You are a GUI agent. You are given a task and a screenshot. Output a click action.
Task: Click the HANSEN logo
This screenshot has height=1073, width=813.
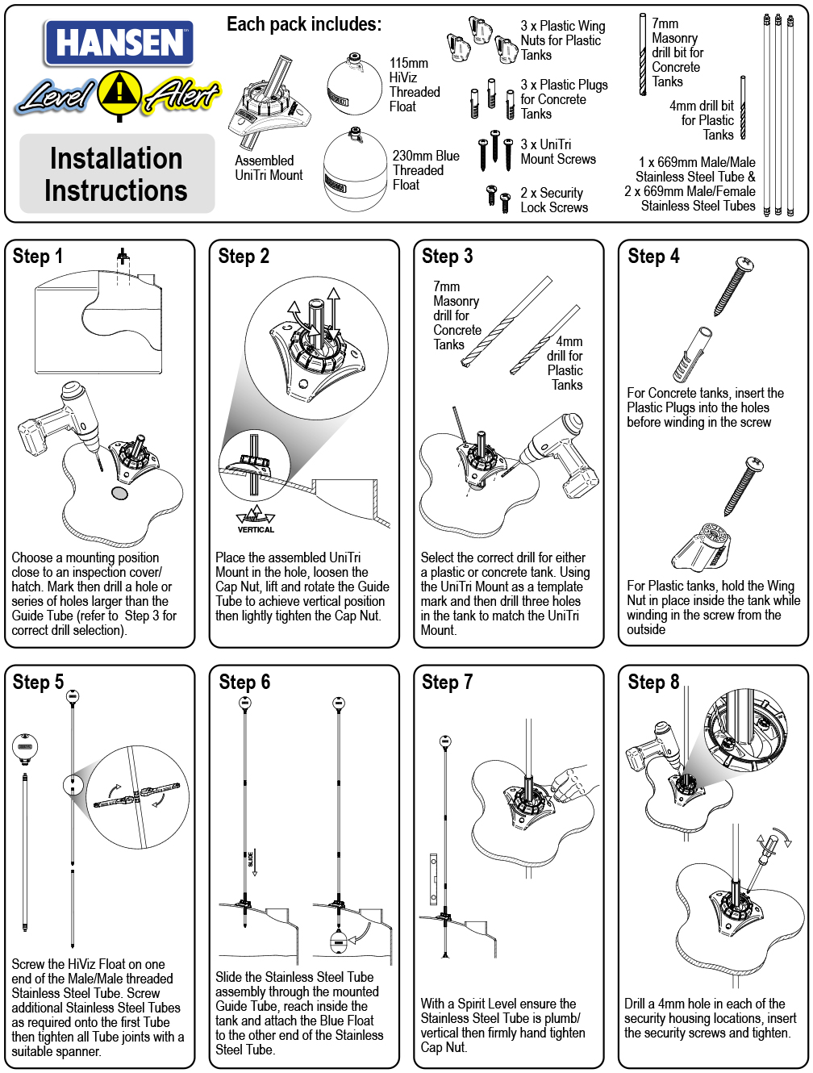119,43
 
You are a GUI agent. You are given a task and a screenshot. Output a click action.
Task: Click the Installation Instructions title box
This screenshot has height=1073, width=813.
117,174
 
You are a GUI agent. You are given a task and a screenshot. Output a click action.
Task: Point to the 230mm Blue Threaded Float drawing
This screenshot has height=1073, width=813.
355,172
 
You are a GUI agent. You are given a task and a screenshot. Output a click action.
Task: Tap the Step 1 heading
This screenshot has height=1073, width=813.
38,257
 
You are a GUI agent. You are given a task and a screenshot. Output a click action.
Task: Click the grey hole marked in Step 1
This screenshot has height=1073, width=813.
119,492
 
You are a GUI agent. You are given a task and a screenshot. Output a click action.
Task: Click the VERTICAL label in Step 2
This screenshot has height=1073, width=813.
256,530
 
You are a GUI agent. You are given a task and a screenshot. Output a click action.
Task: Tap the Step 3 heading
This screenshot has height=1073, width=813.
447,257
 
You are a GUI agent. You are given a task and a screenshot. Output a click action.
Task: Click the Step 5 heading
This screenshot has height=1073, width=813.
38,683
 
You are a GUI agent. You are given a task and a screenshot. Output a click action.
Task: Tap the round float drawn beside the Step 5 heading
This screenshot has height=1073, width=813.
25,747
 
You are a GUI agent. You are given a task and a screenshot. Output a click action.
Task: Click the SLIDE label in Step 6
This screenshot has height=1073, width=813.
251,858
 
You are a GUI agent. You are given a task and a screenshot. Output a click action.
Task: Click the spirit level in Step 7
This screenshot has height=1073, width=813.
433,879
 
